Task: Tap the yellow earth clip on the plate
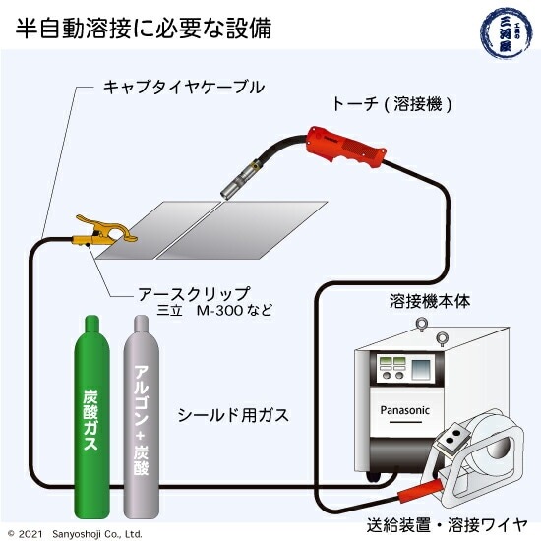(99, 232)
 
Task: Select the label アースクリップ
(194, 293)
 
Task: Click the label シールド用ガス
(233, 415)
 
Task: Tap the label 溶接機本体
(430, 301)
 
